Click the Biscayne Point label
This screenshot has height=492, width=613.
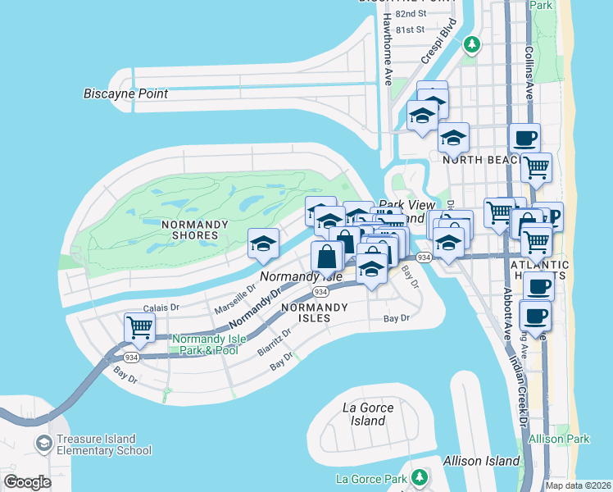point(125,93)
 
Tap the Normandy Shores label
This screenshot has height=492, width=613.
point(178,230)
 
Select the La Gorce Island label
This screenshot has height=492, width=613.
point(368,414)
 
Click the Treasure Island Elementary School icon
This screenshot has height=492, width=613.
point(43,444)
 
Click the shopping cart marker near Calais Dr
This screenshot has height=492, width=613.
point(140,326)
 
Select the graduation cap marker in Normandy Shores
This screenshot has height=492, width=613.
point(262,243)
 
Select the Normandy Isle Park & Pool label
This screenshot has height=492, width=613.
point(205,344)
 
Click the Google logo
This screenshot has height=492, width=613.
point(27,481)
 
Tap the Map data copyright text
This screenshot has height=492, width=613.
point(579,485)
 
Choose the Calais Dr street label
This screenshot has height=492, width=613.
point(160,307)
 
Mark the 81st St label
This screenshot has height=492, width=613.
point(410,30)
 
